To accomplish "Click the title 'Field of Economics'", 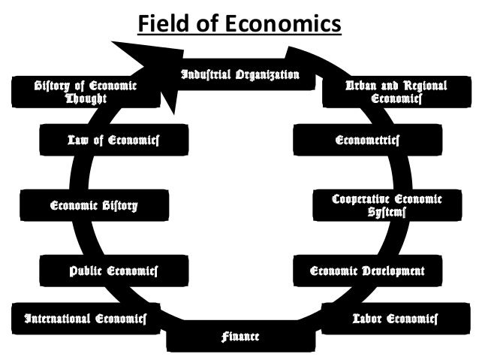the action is (239, 25).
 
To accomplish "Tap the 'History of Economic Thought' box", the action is (86, 92).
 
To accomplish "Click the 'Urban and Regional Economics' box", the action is (396, 92).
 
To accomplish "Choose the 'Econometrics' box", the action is (367, 140).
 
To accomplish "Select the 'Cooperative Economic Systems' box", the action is (387, 205).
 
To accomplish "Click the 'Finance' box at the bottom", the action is (239, 336).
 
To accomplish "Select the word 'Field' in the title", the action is (161, 25).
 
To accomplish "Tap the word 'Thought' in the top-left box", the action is (86, 98).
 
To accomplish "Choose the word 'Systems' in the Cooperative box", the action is (387, 213).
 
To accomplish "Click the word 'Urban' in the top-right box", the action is (360, 85).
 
